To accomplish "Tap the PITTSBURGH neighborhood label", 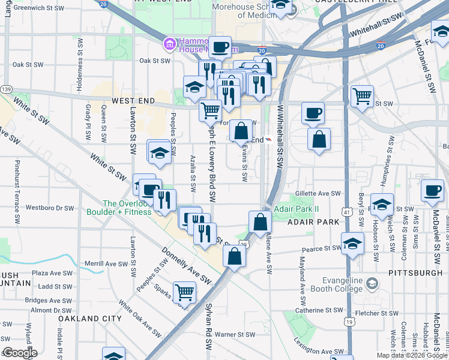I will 414,273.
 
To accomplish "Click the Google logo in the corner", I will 19,353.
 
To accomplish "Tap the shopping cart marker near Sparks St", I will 184,292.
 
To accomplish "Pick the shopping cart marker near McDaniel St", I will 362,96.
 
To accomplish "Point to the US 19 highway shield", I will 349,322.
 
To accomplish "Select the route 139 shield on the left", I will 7,89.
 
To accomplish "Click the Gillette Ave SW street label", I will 318,194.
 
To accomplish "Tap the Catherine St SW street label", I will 319,310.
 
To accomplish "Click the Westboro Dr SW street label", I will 49,208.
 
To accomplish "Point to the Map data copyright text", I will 411,355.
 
